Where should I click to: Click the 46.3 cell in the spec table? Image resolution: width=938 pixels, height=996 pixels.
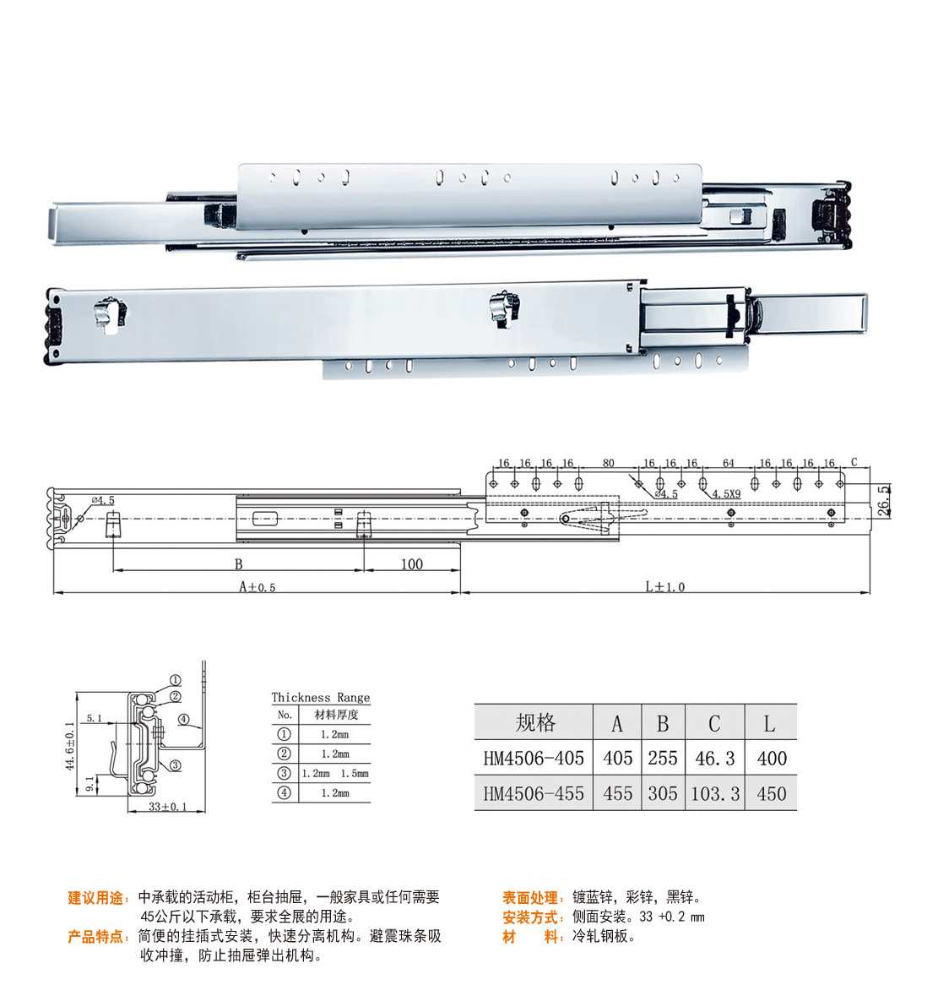click(x=714, y=758)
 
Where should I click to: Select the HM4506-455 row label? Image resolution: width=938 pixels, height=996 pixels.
click(x=533, y=793)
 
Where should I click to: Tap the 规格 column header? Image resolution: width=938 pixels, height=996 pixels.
click(x=535, y=723)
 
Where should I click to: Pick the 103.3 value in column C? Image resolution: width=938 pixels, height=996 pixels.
click(x=714, y=793)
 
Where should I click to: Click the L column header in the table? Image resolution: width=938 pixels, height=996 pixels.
click(x=769, y=723)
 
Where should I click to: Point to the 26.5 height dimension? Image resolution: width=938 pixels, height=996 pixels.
click(x=884, y=501)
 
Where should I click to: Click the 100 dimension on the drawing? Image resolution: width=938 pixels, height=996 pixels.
click(x=411, y=563)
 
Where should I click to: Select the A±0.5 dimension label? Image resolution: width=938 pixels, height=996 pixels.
click(x=257, y=587)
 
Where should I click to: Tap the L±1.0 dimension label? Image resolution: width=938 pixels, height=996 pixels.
click(x=665, y=587)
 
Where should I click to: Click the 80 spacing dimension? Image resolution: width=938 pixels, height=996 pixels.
click(x=608, y=463)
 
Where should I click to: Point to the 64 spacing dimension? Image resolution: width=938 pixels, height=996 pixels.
click(x=728, y=463)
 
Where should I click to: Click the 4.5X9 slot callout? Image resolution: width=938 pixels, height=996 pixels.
click(x=726, y=493)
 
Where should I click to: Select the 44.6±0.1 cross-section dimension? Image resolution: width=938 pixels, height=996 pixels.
click(x=70, y=746)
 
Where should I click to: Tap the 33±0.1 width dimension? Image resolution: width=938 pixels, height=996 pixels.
click(x=167, y=807)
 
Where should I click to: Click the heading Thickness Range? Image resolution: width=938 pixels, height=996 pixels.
click(x=321, y=698)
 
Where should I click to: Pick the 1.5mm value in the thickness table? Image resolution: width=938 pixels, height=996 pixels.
click(x=354, y=774)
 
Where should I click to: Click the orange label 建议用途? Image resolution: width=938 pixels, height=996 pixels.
click(x=95, y=897)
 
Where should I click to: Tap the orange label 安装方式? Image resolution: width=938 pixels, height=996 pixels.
click(x=530, y=917)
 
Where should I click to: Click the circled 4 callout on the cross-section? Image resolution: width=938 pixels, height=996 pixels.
click(x=183, y=719)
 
